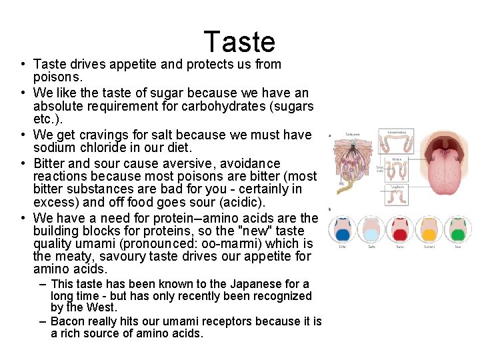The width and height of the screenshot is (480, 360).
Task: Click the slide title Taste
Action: point(239,42)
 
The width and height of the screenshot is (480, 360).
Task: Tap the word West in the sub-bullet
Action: point(102,307)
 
